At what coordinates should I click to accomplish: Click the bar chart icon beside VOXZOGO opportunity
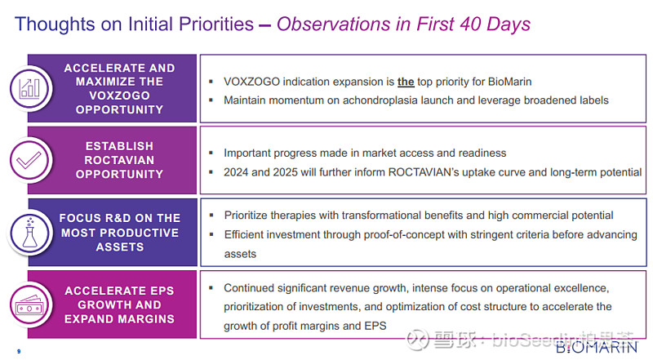pyautogui.click(x=29, y=88)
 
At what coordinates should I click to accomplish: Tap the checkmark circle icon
pyautogui.click(x=29, y=160)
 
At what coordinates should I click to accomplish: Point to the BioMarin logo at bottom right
pyautogui.click(x=597, y=346)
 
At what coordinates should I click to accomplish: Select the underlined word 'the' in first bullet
pyautogui.click(x=406, y=82)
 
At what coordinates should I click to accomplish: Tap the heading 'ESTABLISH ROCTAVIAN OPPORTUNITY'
pyautogui.click(x=119, y=160)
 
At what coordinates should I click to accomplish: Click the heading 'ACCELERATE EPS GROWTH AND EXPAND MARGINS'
pyautogui.click(x=119, y=304)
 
